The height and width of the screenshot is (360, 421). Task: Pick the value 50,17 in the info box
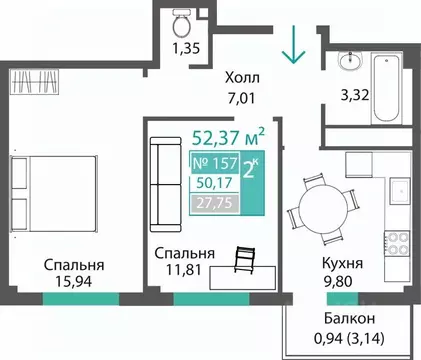pyautogui.click(x=211, y=182)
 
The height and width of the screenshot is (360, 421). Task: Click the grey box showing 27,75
pyautogui.click(x=211, y=203)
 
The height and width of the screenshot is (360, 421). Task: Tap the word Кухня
pyautogui.click(x=342, y=265)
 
